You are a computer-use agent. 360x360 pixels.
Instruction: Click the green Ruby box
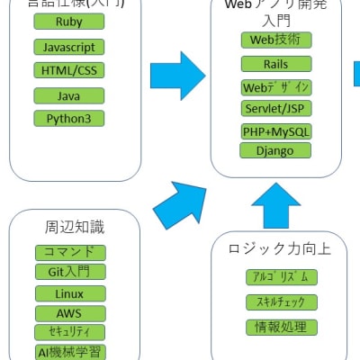coord(69,22)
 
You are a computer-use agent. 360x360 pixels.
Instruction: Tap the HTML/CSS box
coord(69,70)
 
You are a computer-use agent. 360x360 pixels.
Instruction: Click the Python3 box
coord(69,119)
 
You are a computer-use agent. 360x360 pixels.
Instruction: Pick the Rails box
coord(276,64)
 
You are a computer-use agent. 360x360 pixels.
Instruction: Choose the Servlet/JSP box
coord(276,108)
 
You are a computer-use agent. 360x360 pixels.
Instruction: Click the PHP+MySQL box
coord(276,131)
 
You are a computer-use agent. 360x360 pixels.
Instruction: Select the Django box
coord(276,149)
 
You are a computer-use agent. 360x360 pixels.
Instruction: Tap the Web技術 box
coord(276,40)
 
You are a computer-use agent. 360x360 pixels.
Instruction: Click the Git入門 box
coord(69,272)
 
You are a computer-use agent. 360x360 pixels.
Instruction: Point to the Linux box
coord(69,294)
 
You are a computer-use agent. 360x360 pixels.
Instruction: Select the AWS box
coord(69,313)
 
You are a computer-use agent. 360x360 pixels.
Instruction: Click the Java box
coord(69,95)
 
